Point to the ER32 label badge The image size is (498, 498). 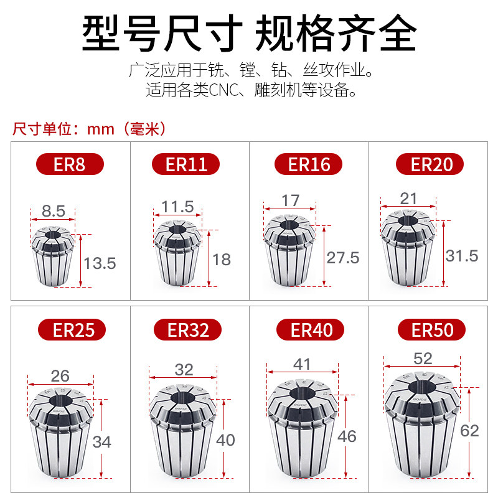[x=187, y=329]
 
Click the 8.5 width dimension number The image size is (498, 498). [x=53, y=211]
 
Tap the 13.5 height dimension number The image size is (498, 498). [x=100, y=263]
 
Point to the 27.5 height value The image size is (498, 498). [x=343, y=257]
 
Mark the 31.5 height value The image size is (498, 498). [x=461, y=255]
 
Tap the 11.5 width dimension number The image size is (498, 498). [x=177, y=206]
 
